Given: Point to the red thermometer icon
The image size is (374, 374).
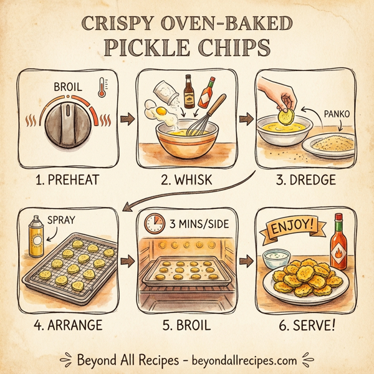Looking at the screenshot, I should click(101, 89).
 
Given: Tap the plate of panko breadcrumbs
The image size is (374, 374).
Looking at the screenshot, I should click(329, 145).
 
